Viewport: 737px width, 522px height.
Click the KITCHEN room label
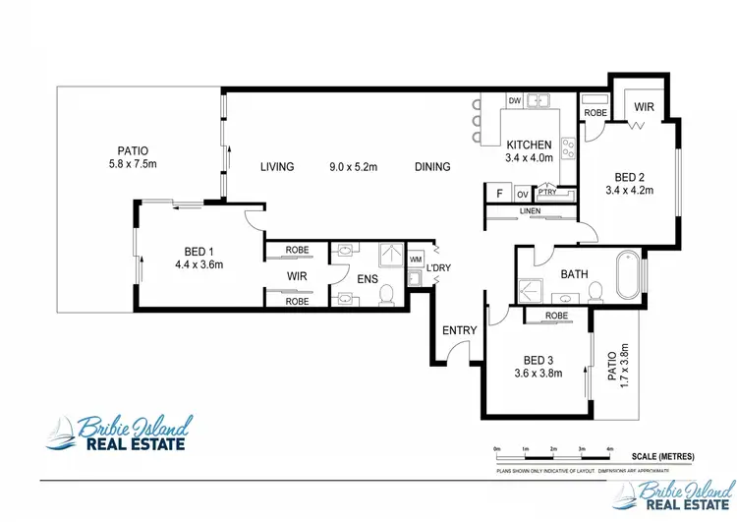(530, 144)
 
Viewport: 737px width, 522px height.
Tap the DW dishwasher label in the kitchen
(514, 100)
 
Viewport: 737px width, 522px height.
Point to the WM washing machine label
(415, 260)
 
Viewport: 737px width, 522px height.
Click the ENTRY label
(460, 330)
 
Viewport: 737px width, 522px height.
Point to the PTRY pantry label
(547, 193)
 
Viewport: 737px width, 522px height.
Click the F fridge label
(499, 193)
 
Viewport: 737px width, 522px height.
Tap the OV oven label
(523, 193)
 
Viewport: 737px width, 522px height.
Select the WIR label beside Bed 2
(645, 105)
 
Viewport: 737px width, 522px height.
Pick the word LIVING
(278, 167)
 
